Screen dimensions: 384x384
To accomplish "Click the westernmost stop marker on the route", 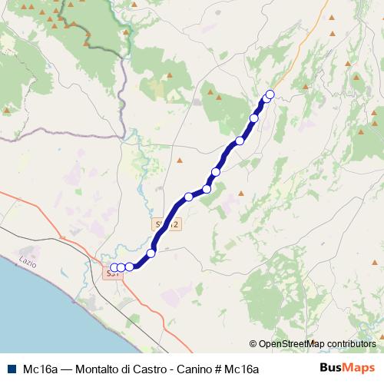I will (114, 267).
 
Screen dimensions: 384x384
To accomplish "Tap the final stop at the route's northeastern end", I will (270, 94).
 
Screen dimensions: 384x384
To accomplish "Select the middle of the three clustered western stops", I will (121, 267).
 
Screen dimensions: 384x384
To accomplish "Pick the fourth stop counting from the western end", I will (151, 253).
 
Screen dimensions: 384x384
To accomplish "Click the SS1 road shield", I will (112, 273).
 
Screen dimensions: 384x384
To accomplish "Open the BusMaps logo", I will (347, 368).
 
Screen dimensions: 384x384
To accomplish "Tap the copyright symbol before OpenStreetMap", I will (253, 344).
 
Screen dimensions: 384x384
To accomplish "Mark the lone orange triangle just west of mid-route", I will (180, 161).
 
